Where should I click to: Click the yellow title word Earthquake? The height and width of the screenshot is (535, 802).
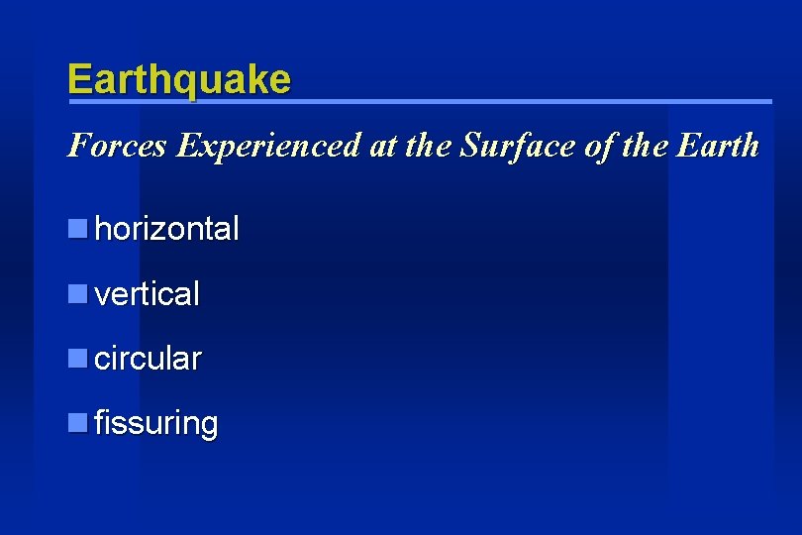pyautogui.click(x=179, y=79)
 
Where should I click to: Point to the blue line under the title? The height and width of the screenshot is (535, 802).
pyautogui.click(x=420, y=102)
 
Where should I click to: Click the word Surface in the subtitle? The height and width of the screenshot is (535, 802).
pyautogui.click(x=506, y=147)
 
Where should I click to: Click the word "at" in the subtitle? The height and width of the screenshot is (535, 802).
pyautogui.click(x=384, y=147)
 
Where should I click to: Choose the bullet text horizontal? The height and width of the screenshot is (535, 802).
pyautogui.click(x=166, y=230)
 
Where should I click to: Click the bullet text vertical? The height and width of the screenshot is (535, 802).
pyautogui.click(x=147, y=294)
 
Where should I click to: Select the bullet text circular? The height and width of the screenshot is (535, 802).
pyautogui.click(x=148, y=359)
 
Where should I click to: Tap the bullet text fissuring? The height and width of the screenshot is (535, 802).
pyautogui.click(x=155, y=424)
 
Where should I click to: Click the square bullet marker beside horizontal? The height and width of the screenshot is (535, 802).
pyautogui.click(x=77, y=230)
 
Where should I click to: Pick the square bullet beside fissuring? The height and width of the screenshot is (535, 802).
pyautogui.click(x=77, y=423)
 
